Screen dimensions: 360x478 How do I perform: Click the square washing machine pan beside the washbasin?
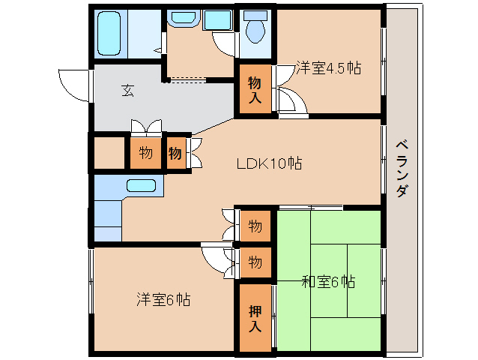tap(218, 19)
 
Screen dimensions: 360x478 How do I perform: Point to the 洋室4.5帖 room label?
tap(327, 68)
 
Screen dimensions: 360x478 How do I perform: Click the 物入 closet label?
tap(255, 89)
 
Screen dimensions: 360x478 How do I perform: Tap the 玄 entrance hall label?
tap(128, 91)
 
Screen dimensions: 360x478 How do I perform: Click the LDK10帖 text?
tap(269, 163)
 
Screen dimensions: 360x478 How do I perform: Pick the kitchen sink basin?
tap(141, 186)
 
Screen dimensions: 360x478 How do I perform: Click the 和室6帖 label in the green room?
tap(328, 282)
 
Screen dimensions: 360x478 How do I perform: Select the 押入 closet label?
tap(255, 318)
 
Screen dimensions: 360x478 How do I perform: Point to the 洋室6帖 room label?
tap(163, 299)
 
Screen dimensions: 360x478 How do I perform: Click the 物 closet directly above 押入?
tap(255, 262)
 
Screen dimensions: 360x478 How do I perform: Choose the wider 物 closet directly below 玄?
tap(145, 153)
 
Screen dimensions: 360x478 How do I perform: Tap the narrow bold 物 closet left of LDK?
tap(175, 153)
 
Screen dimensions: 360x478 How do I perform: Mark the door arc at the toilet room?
tap(225, 42)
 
